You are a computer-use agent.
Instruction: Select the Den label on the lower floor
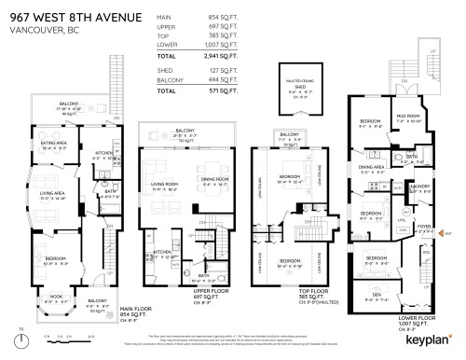[x=377, y=296]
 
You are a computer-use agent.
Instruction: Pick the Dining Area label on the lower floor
[x=372, y=167]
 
